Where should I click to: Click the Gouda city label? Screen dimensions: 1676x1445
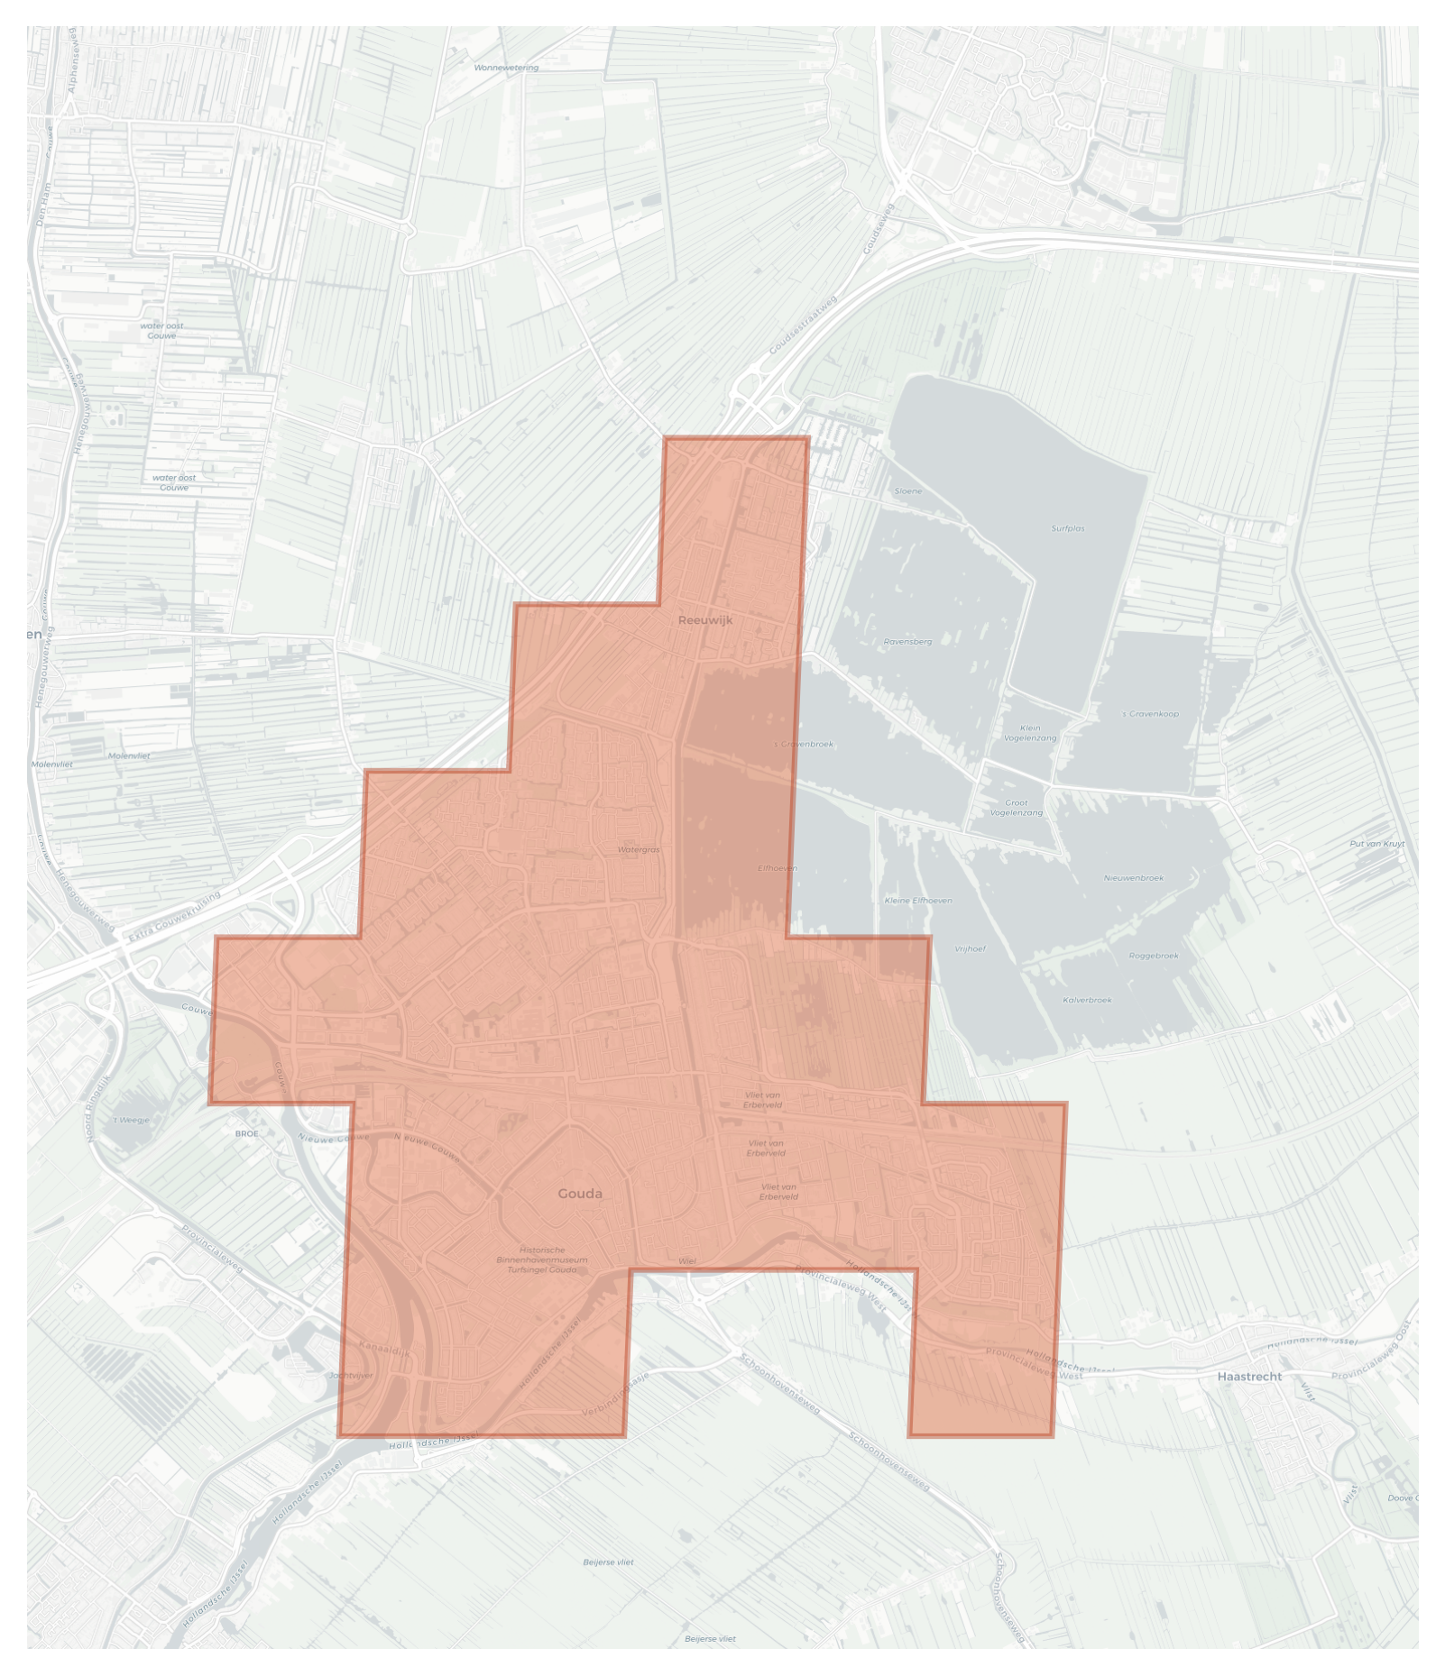coord(579,1194)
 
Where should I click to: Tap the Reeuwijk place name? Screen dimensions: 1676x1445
coord(705,620)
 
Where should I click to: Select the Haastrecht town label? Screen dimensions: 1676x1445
coord(1249,1377)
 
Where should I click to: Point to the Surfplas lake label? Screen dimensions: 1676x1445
coord(1068,528)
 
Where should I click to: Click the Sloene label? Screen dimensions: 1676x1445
coord(908,491)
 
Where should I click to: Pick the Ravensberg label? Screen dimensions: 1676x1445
coord(907,642)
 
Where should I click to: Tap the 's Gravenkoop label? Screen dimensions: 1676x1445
coord(1150,714)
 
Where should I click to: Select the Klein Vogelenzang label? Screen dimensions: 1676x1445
coord(1030,733)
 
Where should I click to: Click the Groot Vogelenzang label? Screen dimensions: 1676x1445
coord(1017,807)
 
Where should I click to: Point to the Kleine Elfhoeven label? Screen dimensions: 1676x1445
coord(918,901)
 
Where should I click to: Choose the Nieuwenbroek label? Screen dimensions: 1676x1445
coord(1134,878)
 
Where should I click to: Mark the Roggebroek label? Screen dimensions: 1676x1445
coord(1154,956)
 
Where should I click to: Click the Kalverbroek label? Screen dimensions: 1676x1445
coord(1087,1000)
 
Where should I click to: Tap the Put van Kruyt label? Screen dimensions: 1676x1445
coord(1377,844)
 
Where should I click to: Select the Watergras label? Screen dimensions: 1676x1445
coord(639,849)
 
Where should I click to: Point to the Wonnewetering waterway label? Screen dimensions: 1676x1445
coord(506,68)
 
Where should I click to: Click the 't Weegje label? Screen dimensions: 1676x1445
coord(132,1121)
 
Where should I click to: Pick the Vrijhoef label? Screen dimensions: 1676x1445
coord(970,948)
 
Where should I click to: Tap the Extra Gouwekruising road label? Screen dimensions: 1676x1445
coord(174,917)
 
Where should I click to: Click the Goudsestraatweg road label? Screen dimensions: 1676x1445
coord(803,325)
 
